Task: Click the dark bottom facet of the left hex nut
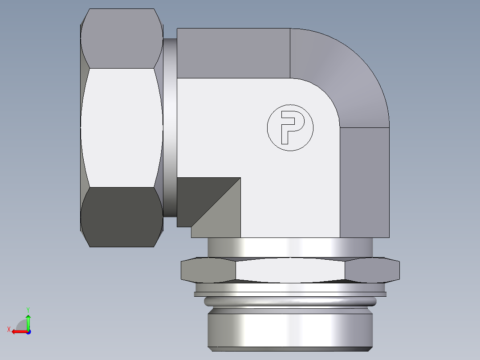[x=121, y=217]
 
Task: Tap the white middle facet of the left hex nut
[x=121, y=127]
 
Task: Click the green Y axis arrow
[x=28, y=320]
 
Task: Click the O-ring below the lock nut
[x=289, y=302]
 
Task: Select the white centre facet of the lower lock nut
[x=289, y=270]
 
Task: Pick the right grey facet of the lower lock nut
[x=372, y=270]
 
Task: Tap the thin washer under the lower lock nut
[x=289, y=294]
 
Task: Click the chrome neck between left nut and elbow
[x=170, y=127]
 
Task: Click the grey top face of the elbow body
[x=233, y=53]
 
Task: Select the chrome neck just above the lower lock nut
[x=289, y=247]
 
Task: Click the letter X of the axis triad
[x=9, y=329]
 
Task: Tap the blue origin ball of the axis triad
[x=28, y=332]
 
